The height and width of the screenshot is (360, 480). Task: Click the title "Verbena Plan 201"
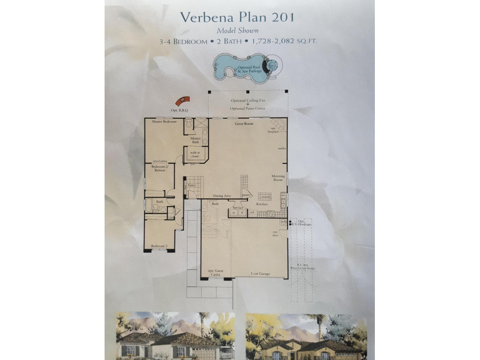(237, 17)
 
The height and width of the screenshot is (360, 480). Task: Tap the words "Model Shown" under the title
(238, 30)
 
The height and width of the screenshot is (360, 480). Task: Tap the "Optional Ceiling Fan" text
(248, 100)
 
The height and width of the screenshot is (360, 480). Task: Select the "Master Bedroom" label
(164, 122)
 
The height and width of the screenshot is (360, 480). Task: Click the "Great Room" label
(244, 123)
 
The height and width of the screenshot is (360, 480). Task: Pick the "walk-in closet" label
(195, 154)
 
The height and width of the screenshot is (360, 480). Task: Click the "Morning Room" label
(278, 178)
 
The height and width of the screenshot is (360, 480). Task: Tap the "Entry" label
(192, 185)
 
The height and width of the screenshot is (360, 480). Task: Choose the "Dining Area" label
(222, 196)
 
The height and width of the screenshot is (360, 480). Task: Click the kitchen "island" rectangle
(264, 197)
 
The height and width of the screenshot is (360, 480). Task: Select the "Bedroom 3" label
(158, 246)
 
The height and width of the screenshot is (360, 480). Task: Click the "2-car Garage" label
(261, 274)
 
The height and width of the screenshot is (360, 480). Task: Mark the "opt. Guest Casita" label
(214, 273)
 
